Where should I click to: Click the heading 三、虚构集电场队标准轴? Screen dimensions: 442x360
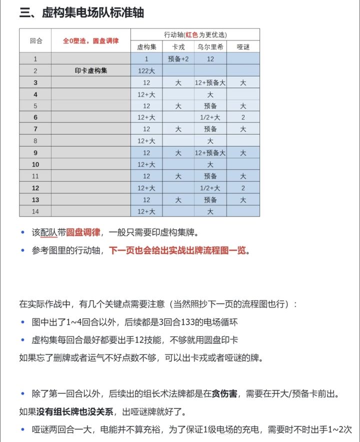81,13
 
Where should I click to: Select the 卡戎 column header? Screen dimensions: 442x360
178,47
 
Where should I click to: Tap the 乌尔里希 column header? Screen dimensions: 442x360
210,47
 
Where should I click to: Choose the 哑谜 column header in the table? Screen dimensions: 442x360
243,47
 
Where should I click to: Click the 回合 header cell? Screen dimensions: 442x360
35,41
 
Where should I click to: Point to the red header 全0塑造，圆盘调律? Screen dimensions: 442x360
90,41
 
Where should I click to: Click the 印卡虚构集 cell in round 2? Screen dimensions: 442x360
90,71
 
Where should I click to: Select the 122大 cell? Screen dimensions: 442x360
146,71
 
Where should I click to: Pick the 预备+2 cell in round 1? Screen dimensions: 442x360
178,59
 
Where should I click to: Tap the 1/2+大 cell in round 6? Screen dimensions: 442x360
210,117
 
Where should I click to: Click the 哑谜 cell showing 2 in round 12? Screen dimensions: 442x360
243,188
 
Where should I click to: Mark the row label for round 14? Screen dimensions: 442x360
35,211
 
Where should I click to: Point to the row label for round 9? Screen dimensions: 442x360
35,153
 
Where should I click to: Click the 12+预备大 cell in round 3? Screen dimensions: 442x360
210,83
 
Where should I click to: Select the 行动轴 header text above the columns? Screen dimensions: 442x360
195,35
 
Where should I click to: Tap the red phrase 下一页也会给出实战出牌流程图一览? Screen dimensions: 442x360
178,250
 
